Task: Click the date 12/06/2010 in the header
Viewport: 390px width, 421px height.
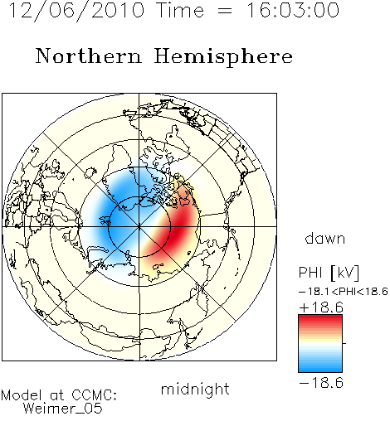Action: point(76,11)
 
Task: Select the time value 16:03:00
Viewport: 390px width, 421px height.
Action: point(293,11)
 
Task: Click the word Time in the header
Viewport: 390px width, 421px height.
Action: point(180,11)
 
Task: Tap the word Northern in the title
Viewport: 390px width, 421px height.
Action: point(89,56)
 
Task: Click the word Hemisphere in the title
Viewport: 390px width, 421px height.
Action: point(223,57)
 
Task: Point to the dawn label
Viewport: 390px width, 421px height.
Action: point(325,238)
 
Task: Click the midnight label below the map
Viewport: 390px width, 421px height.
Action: point(195,389)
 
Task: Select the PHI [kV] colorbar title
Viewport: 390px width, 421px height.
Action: point(329,273)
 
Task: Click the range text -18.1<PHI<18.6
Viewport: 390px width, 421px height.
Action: point(344,292)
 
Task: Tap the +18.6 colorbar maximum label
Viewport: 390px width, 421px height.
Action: point(321,307)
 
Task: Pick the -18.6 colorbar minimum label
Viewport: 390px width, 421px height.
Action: point(321,383)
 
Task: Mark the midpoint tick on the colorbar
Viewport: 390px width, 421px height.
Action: point(344,343)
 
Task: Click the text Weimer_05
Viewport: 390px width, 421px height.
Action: point(63,408)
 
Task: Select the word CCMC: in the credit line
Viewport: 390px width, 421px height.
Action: point(94,395)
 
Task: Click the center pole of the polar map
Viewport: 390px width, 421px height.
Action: point(139,227)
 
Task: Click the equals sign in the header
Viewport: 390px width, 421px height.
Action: point(225,11)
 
